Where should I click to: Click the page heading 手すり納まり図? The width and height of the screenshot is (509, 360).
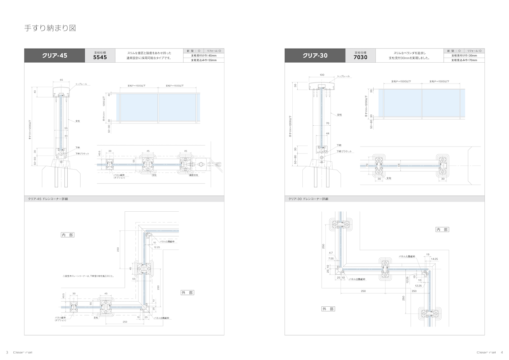50,28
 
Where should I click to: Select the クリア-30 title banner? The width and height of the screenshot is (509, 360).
315,56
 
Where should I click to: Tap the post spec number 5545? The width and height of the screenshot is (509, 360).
100,57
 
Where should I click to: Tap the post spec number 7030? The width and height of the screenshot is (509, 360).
360,57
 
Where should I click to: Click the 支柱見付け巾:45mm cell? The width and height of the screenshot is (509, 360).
204,55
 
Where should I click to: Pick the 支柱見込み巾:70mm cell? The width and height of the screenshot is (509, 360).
464,60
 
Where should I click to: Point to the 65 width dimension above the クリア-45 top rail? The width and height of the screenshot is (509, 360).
61,79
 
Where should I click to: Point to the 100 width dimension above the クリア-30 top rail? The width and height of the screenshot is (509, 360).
322,75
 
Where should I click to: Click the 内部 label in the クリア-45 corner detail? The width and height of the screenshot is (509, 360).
67,235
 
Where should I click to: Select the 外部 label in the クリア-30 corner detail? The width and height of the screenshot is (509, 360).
328,309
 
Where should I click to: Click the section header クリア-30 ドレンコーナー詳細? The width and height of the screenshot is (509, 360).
308,199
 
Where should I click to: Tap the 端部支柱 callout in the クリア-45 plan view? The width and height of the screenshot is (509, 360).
194,175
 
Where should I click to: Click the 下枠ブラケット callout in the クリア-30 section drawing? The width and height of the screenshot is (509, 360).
344,152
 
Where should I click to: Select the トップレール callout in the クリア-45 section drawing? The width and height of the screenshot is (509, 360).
81,84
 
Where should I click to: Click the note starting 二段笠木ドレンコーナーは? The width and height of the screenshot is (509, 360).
89,276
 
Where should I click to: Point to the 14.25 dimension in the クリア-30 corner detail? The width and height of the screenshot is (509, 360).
434,259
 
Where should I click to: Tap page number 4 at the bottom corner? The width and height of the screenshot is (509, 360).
502,352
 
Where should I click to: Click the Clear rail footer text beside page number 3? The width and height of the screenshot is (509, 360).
22,352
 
